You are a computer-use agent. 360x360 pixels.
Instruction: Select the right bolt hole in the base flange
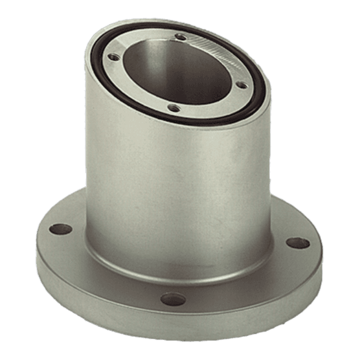294,243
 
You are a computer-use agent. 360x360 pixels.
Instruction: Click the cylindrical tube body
175,175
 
